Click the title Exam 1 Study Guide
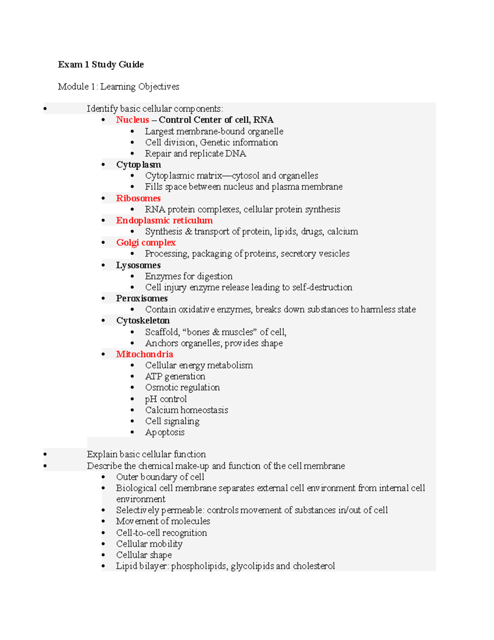click(101, 64)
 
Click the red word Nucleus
click(132, 120)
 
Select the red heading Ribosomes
click(138, 198)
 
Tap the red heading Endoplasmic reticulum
click(164, 220)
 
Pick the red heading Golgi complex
click(146, 243)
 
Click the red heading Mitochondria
click(144, 354)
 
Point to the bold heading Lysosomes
click(138, 265)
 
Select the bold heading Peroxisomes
click(142, 298)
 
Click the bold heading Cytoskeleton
click(143, 321)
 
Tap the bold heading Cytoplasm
click(138, 165)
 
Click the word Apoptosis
click(165, 432)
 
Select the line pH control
click(165, 399)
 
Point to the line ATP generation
click(175, 377)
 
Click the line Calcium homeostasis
click(186, 410)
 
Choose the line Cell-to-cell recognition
click(161, 533)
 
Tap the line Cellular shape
click(144, 555)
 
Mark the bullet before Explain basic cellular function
click(45, 455)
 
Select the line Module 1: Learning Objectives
click(119, 87)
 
